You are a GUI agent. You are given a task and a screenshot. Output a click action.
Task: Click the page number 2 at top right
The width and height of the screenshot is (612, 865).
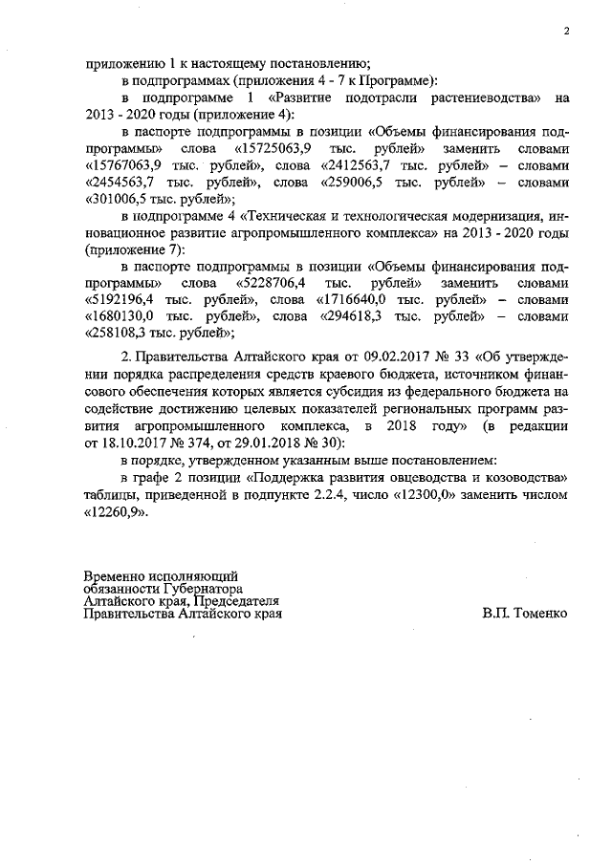[x=566, y=31]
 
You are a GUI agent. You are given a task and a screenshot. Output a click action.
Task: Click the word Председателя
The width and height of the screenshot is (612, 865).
[x=236, y=602]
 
